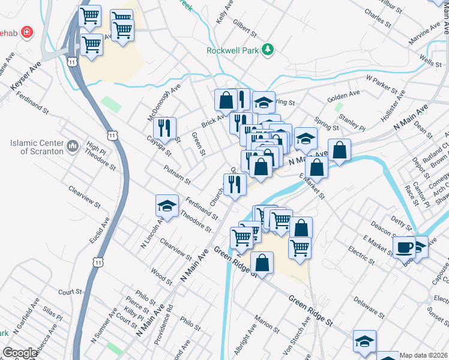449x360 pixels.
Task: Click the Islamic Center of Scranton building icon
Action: point(73,146)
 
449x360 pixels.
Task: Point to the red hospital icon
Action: point(26,31)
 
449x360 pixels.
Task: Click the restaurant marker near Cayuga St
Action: point(164,127)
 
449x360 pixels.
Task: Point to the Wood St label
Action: point(162,274)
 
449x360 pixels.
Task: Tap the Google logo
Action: point(20,353)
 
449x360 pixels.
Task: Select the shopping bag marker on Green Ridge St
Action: point(262,262)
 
